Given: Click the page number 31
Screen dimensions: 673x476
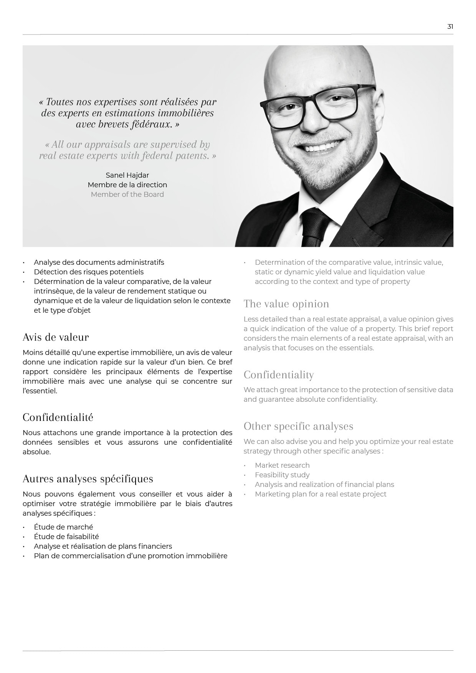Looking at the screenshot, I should point(450,26).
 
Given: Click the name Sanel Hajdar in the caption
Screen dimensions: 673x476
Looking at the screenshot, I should point(127,175).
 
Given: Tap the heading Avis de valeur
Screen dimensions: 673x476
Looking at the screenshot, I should point(56,337).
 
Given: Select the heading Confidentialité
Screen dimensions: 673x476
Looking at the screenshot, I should point(58,417).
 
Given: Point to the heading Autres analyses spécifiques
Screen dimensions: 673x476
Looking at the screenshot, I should point(88,479).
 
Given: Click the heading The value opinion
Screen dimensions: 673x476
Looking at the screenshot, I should point(286,304).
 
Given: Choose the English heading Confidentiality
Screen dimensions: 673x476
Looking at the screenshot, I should point(279,375).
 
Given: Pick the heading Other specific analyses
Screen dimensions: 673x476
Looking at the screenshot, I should point(298,426).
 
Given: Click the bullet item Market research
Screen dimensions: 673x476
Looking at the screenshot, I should point(282,465).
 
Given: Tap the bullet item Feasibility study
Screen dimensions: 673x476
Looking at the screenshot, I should point(282,475).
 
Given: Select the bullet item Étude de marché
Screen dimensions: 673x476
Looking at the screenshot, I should point(63,527).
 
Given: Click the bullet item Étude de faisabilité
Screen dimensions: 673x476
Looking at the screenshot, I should point(66,537).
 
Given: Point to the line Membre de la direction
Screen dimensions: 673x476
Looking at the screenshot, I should point(127,185).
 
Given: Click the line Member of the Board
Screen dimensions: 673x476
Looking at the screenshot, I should point(127,195).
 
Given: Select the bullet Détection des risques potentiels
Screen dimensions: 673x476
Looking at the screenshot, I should point(89,272).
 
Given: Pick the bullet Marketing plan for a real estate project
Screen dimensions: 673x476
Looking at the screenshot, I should point(321,494).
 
